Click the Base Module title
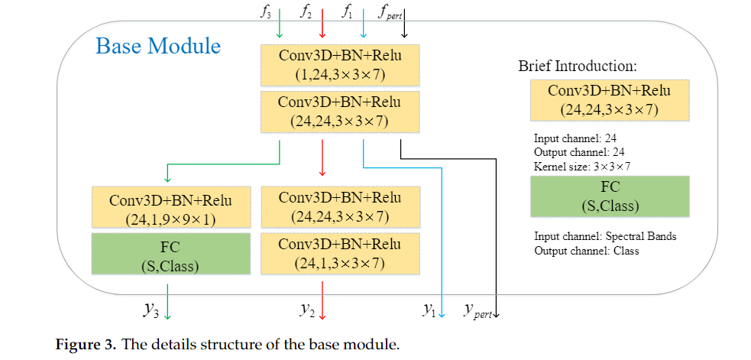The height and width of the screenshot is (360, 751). tap(158, 46)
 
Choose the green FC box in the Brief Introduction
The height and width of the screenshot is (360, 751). tap(609, 196)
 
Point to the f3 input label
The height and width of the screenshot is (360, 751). tap(267, 11)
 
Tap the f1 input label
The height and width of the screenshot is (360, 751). tap(347, 11)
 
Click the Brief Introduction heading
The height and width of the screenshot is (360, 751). tap(578, 66)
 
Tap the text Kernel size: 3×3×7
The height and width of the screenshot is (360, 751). tap(582, 164)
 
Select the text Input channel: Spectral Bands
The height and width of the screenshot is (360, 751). tap(604, 236)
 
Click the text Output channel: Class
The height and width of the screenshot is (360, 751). tap(585, 250)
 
